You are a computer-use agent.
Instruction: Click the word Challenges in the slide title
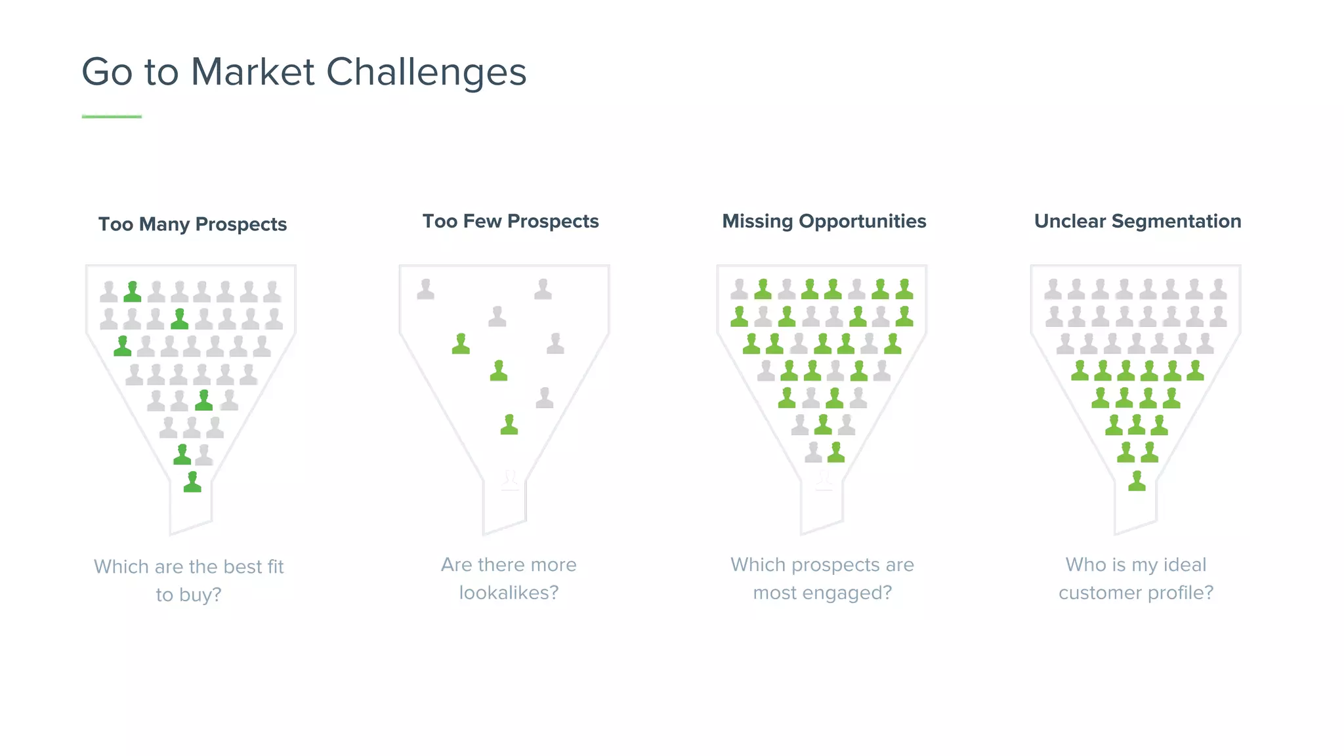(x=427, y=72)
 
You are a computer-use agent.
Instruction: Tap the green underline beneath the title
(x=112, y=117)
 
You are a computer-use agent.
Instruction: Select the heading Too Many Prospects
(x=192, y=224)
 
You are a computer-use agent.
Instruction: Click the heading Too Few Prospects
(x=511, y=221)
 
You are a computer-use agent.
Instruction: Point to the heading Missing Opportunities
(x=824, y=221)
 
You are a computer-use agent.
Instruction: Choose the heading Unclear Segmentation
(x=1137, y=221)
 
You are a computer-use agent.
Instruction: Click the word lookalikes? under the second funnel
(x=509, y=593)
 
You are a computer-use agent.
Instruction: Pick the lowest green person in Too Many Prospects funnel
(x=192, y=482)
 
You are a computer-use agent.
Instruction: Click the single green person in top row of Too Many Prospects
(x=133, y=291)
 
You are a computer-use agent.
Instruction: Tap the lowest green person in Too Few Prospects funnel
(x=509, y=425)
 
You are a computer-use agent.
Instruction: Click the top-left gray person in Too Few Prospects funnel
(x=426, y=289)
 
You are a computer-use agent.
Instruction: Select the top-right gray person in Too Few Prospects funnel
(x=543, y=289)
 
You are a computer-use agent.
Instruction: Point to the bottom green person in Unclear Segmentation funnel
(x=1137, y=481)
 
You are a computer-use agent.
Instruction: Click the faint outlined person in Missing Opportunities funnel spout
(x=824, y=480)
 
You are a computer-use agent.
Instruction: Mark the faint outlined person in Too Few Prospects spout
(x=510, y=480)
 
